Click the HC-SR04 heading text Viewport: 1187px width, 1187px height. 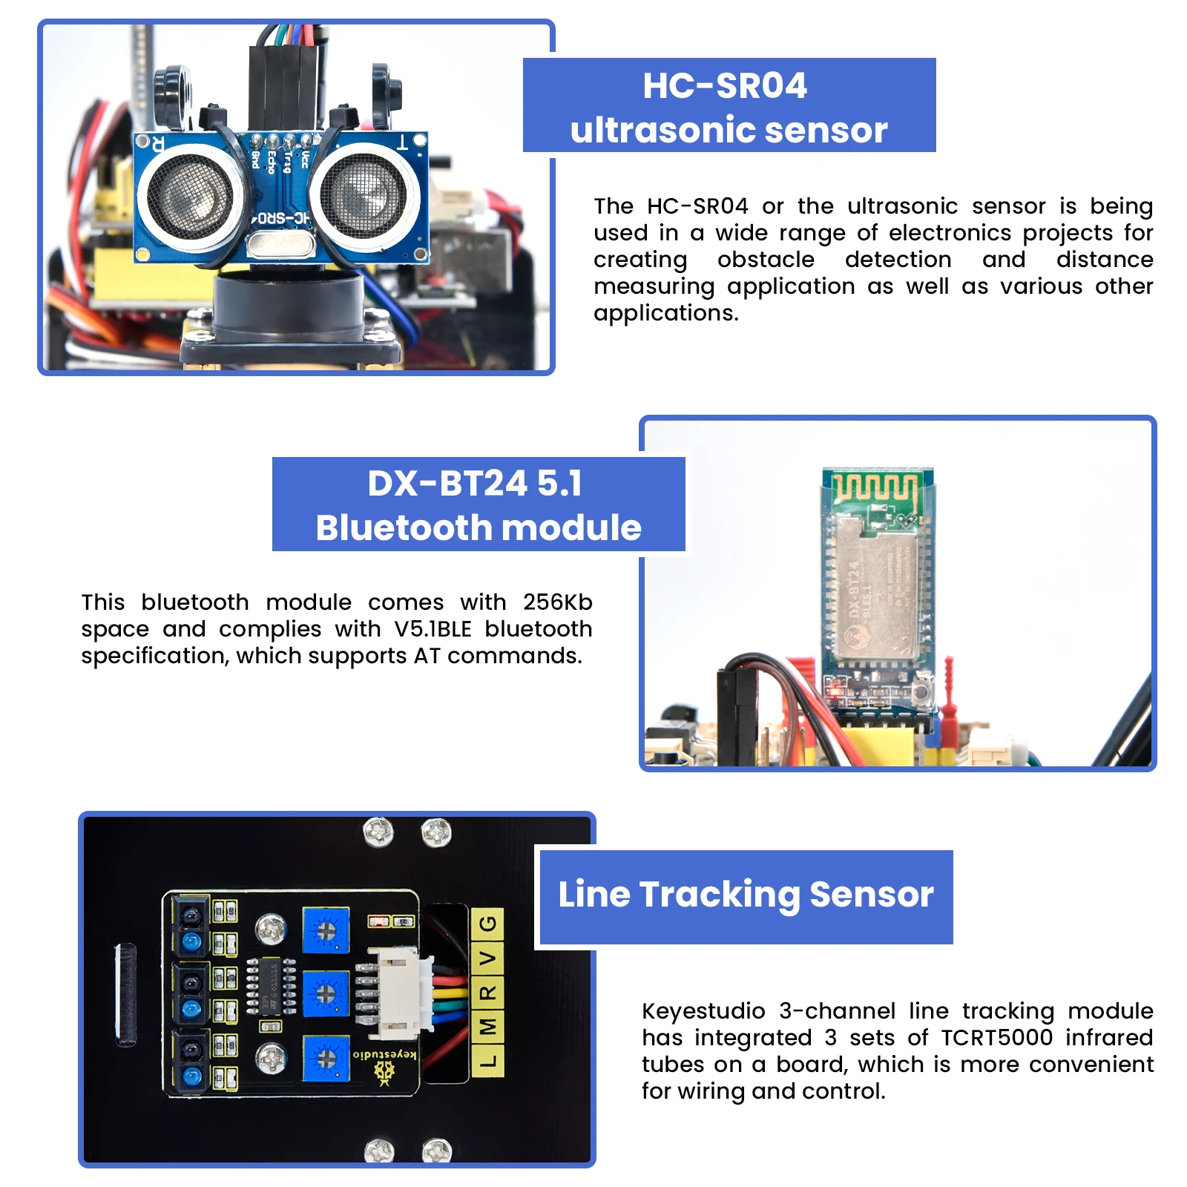point(725,85)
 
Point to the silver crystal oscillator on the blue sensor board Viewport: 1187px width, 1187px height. point(281,244)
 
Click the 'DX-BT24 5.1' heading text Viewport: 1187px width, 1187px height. point(475,484)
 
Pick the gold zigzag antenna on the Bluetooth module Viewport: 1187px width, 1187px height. point(875,487)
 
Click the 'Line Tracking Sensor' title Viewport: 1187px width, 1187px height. point(746,894)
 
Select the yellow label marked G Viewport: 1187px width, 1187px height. point(487,924)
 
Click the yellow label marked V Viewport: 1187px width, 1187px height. point(487,959)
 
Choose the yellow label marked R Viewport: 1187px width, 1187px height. point(487,993)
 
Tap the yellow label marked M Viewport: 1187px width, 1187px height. point(487,1027)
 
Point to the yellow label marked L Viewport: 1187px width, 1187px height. point(487,1061)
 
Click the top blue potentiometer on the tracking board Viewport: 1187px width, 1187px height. point(326,930)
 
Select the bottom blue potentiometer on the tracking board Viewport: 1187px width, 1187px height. point(326,1059)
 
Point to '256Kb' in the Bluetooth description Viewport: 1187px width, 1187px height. point(557,602)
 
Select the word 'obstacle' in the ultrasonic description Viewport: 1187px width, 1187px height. point(766,260)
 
